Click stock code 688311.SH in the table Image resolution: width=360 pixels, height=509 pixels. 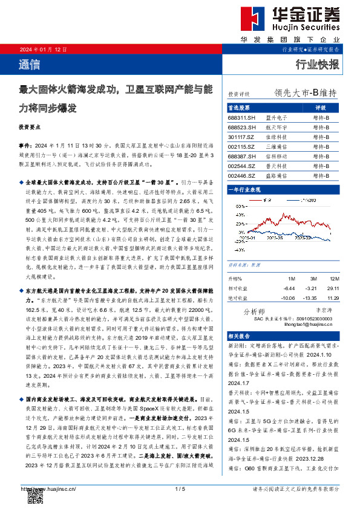pos(241,119)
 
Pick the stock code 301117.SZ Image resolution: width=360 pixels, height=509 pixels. pos(241,137)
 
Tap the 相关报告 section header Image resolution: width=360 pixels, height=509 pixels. pos(238,336)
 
